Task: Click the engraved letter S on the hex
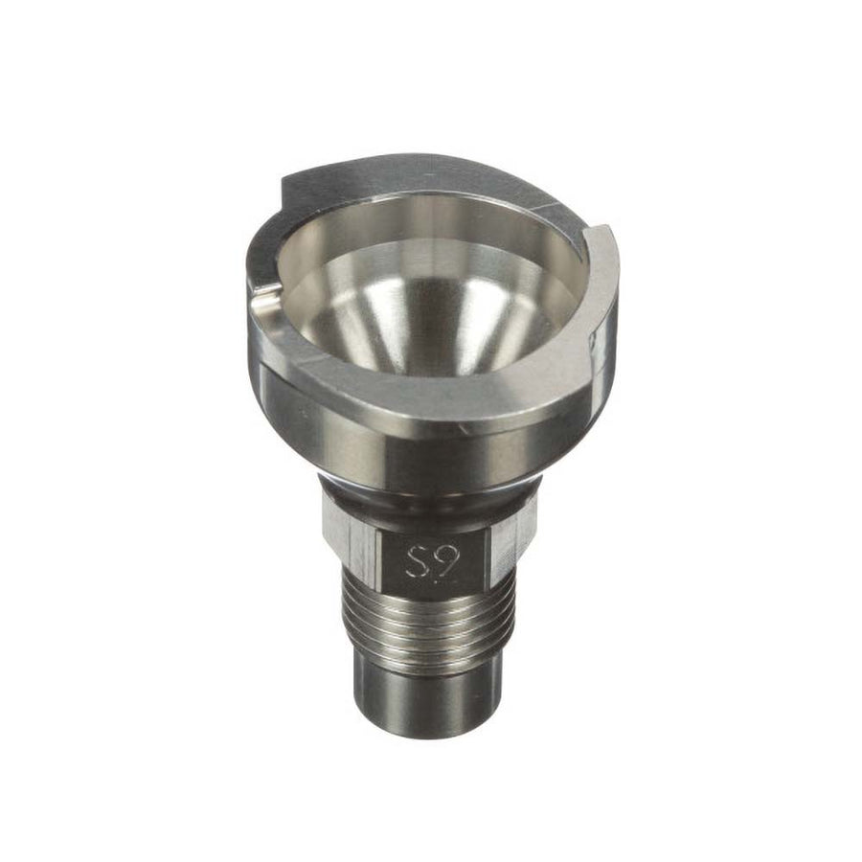[416, 560]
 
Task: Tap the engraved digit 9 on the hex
[442, 560]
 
